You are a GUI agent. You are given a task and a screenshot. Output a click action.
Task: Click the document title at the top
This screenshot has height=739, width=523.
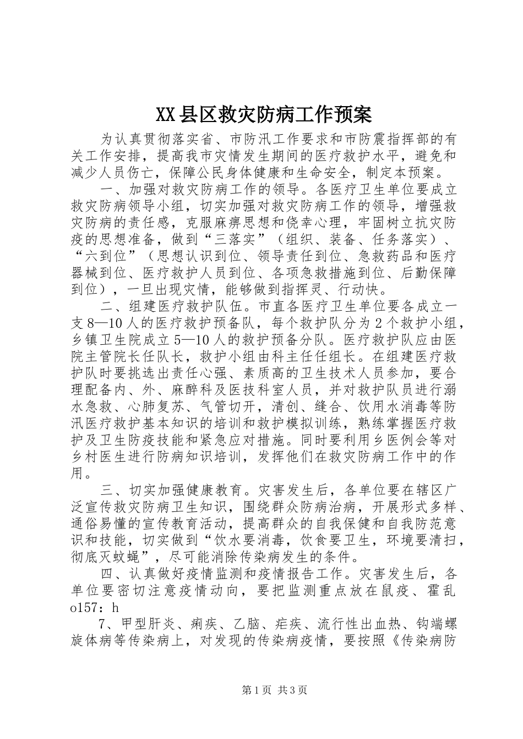[x=264, y=115]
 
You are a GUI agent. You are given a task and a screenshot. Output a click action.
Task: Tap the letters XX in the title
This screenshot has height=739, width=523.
[x=165, y=115]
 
